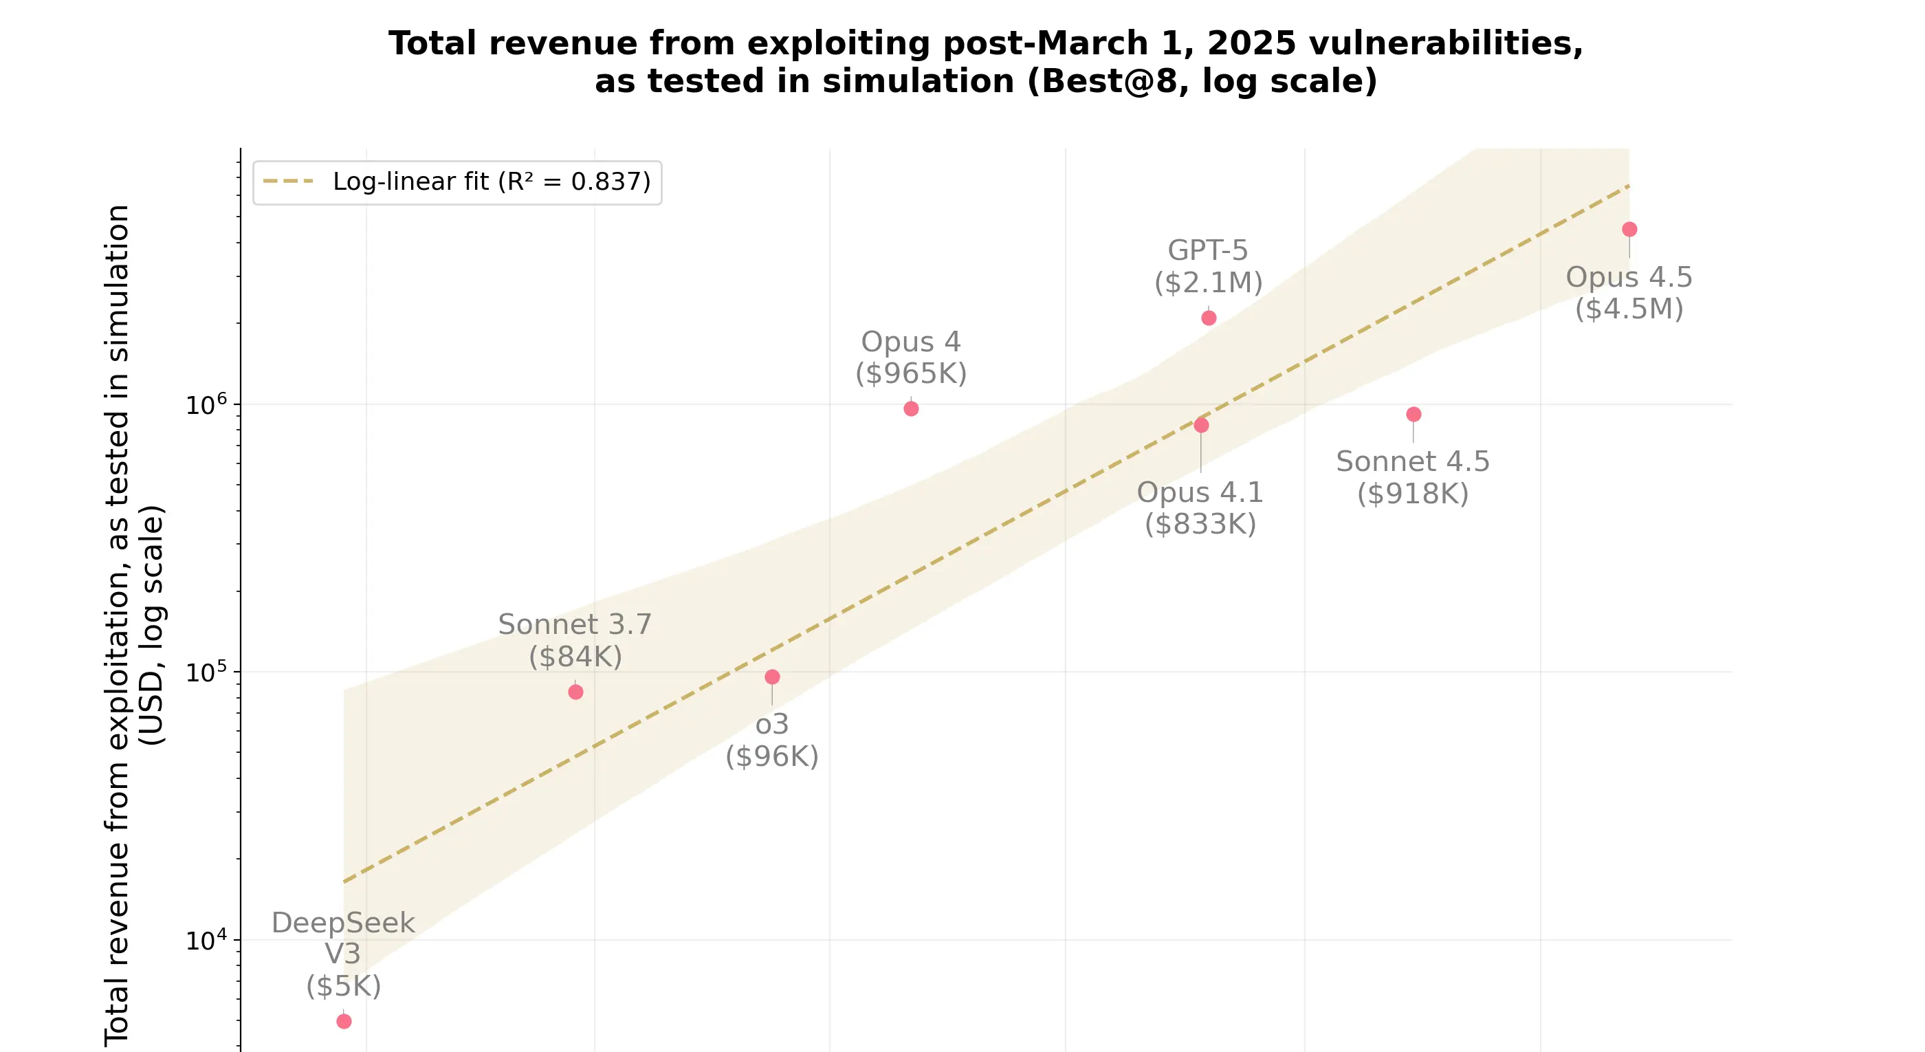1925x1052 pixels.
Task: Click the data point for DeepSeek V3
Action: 344,1020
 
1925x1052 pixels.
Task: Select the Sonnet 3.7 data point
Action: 575,692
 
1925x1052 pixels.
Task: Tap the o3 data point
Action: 772,677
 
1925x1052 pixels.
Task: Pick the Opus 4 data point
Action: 911,408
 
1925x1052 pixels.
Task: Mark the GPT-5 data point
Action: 1209,318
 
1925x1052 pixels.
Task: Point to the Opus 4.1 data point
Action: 1201,425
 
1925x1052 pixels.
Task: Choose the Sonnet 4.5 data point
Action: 1413,414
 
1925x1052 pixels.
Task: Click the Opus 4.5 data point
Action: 1629,230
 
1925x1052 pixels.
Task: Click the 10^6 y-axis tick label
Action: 206,405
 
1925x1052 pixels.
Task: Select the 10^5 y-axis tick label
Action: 206,672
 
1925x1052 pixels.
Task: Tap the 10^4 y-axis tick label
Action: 206,941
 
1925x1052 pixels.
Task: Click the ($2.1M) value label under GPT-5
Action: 1209,283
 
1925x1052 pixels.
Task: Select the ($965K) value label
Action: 911,373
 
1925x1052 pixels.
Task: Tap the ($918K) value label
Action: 1413,493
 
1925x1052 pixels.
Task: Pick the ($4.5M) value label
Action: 1629,309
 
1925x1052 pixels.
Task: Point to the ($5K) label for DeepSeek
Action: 344,986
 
